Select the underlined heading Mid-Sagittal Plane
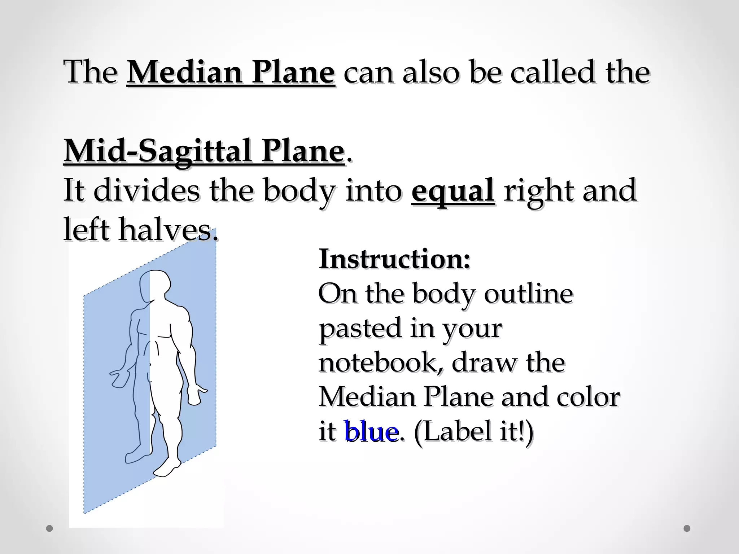(204, 152)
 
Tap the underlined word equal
(453, 190)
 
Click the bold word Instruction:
(395, 260)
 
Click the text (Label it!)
(473, 432)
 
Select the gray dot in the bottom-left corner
(50, 528)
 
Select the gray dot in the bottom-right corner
(687, 528)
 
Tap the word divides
(146, 190)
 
